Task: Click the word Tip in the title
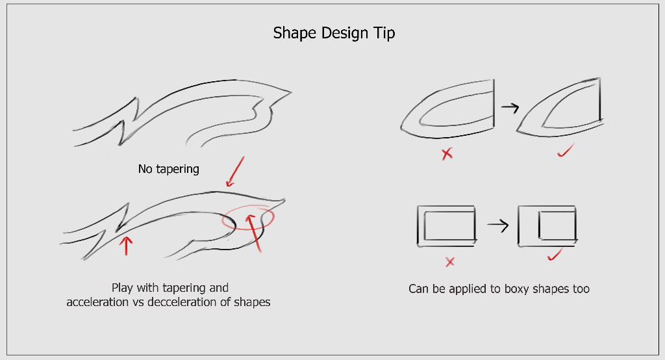384,33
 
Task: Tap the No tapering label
169,169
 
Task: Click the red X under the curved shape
447,153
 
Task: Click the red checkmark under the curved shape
566,150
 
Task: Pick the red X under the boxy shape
450,262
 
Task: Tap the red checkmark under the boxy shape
555,255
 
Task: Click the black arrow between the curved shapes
510,107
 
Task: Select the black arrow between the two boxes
498,225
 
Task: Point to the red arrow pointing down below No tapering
235,172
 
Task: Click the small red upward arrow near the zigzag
126,246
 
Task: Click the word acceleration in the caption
97,302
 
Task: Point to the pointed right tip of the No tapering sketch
292,91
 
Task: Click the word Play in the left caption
122,288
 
